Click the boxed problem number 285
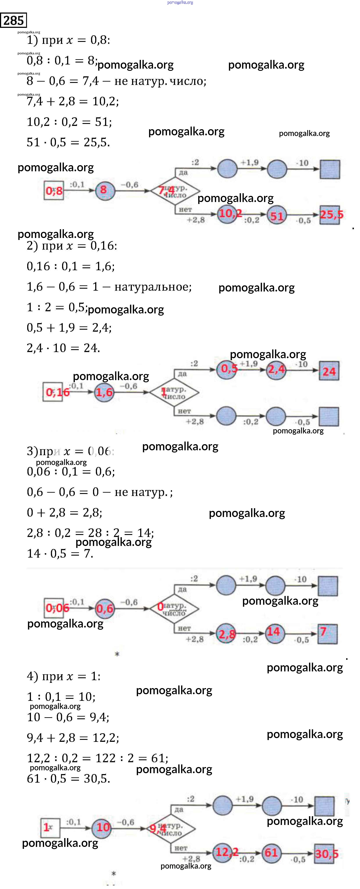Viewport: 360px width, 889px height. (x=13, y=20)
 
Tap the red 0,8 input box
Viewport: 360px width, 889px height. (x=54, y=190)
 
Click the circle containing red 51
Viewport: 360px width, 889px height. (x=277, y=215)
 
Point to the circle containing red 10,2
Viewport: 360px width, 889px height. (x=228, y=214)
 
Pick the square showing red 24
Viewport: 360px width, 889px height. (x=329, y=371)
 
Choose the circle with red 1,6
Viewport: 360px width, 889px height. (x=104, y=392)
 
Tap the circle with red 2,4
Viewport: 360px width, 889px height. (x=276, y=370)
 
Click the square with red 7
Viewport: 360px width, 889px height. (x=327, y=634)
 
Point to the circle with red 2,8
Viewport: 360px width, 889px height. (x=226, y=634)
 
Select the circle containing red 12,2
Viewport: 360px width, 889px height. (x=223, y=852)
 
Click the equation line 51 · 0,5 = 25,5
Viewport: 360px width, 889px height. (x=68, y=142)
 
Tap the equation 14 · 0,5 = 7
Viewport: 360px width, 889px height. (x=60, y=554)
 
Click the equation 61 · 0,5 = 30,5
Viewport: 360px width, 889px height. (x=68, y=779)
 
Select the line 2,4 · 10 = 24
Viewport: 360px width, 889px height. (x=63, y=348)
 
